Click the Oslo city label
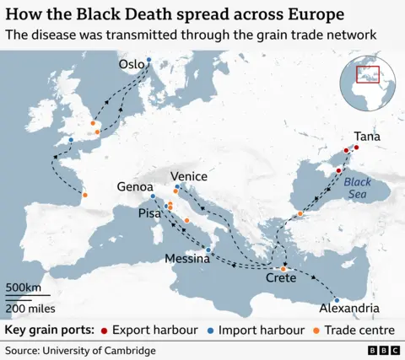(x=131, y=65)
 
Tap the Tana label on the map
(x=366, y=136)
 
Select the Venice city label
(x=189, y=176)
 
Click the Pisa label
(x=149, y=214)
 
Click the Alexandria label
(x=349, y=309)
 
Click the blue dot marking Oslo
(x=148, y=60)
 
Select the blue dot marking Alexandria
(x=337, y=300)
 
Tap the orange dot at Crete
(x=283, y=269)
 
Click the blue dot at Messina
(x=208, y=250)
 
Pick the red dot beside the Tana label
(x=356, y=148)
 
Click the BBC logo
(x=381, y=350)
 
